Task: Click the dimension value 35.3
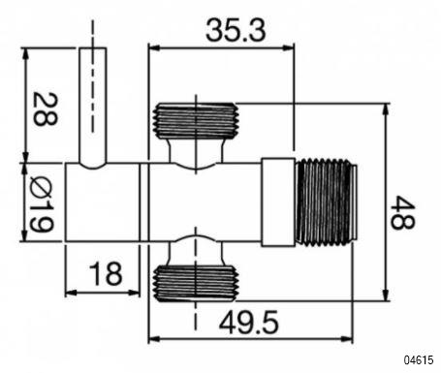pyautogui.click(x=236, y=31)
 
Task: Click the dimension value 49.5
pyautogui.click(x=248, y=323)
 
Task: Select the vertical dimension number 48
pyautogui.click(x=402, y=212)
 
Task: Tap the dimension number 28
pyautogui.click(x=46, y=109)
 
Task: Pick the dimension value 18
pyautogui.click(x=107, y=274)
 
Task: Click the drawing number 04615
pyautogui.click(x=419, y=359)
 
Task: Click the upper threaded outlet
pyautogui.click(x=196, y=120)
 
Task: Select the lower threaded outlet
pyautogui.click(x=196, y=283)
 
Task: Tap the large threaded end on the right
pyautogui.click(x=327, y=202)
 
